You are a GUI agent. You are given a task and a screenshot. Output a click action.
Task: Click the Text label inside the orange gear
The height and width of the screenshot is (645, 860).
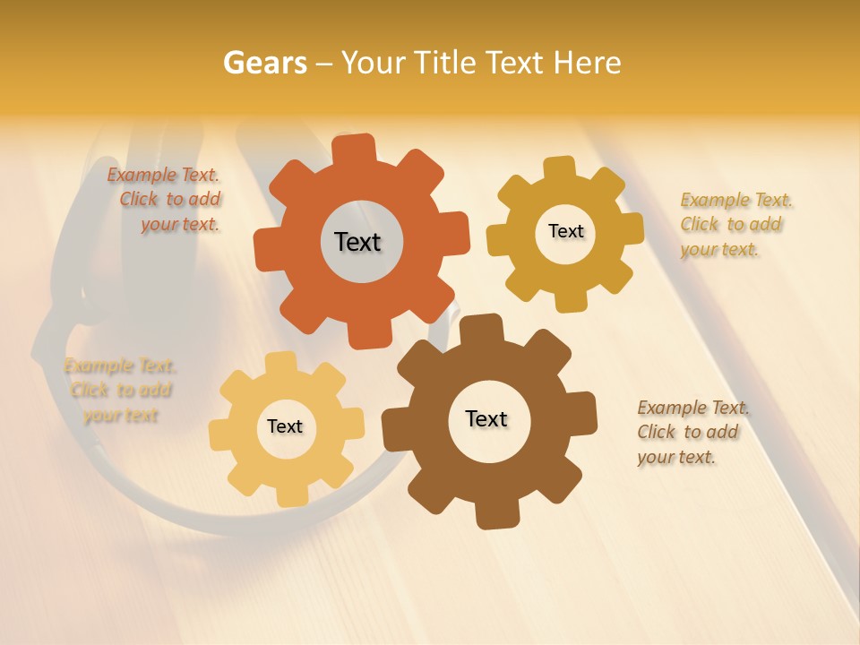click(x=357, y=242)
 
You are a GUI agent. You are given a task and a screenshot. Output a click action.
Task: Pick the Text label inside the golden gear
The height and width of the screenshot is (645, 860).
click(x=565, y=231)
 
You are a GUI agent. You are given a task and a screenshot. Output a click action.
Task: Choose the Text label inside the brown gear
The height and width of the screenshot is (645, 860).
click(x=486, y=418)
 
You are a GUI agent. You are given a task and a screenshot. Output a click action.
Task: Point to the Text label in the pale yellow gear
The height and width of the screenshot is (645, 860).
click(x=285, y=426)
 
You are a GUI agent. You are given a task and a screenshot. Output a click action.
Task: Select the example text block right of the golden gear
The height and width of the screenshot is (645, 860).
click(x=735, y=224)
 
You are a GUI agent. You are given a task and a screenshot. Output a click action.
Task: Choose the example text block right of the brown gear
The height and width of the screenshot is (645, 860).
click(x=692, y=432)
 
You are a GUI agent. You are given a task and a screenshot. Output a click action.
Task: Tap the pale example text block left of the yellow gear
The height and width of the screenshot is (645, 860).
click(x=120, y=390)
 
